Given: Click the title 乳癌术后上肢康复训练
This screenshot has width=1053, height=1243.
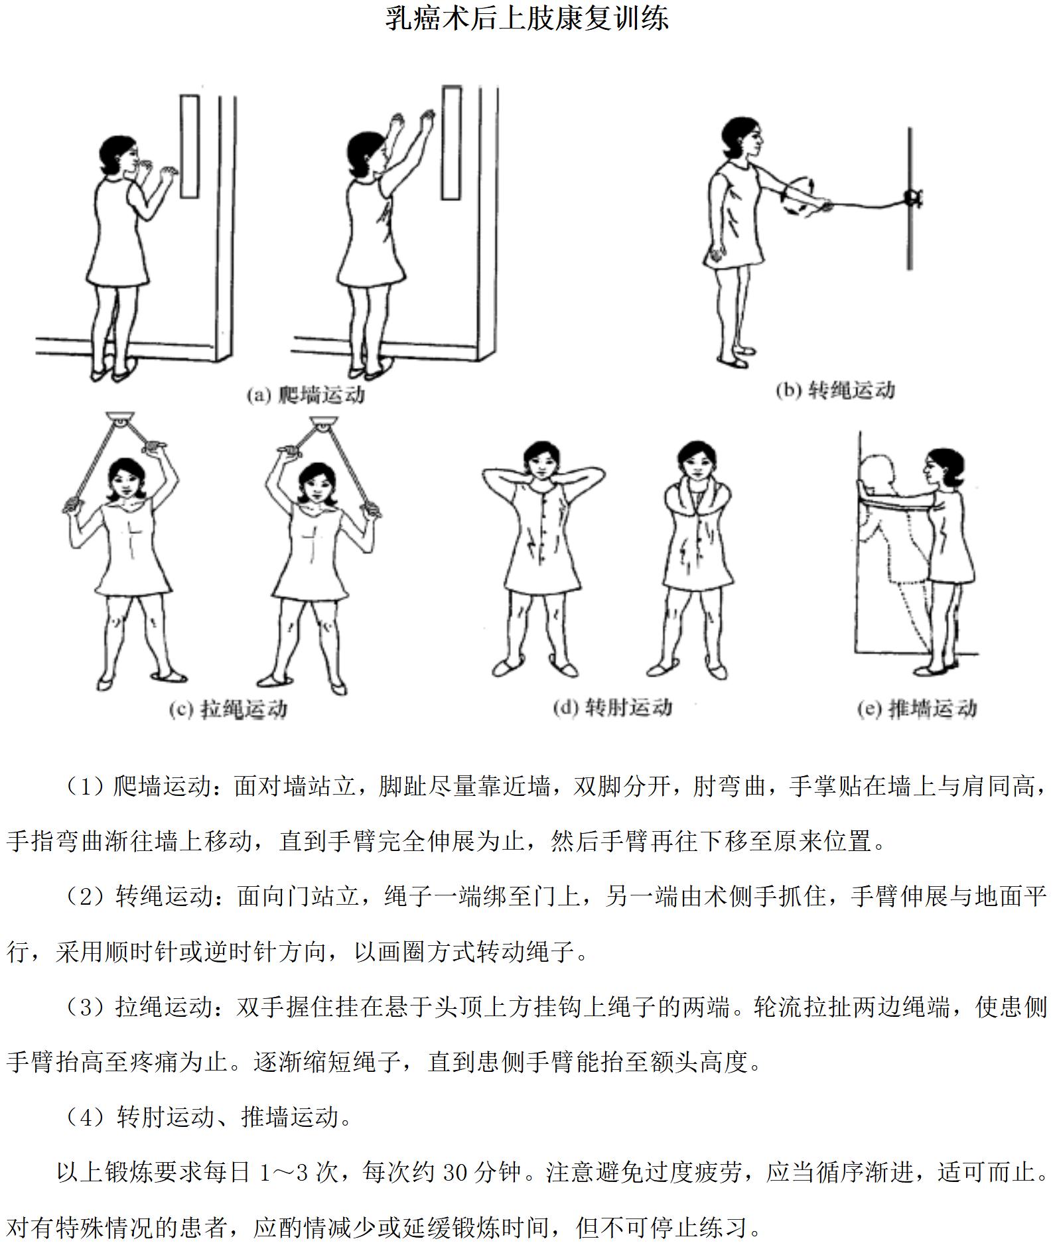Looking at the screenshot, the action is click(527, 18).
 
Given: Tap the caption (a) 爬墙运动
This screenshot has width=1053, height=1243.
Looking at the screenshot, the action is click(306, 395).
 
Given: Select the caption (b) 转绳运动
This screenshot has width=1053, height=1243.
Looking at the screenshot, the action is click(835, 390).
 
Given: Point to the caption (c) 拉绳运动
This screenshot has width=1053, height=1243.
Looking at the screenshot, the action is click(228, 709).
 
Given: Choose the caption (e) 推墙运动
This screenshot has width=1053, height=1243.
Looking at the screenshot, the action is click(917, 709).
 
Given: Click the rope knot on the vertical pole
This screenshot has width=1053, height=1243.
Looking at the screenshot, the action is click(912, 197).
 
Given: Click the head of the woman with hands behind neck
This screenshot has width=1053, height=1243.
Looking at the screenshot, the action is click(539, 461).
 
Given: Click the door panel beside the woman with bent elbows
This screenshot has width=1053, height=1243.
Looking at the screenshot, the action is click(190, 147).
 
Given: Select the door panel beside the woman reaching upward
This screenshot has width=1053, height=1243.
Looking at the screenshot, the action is click(452, 143).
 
